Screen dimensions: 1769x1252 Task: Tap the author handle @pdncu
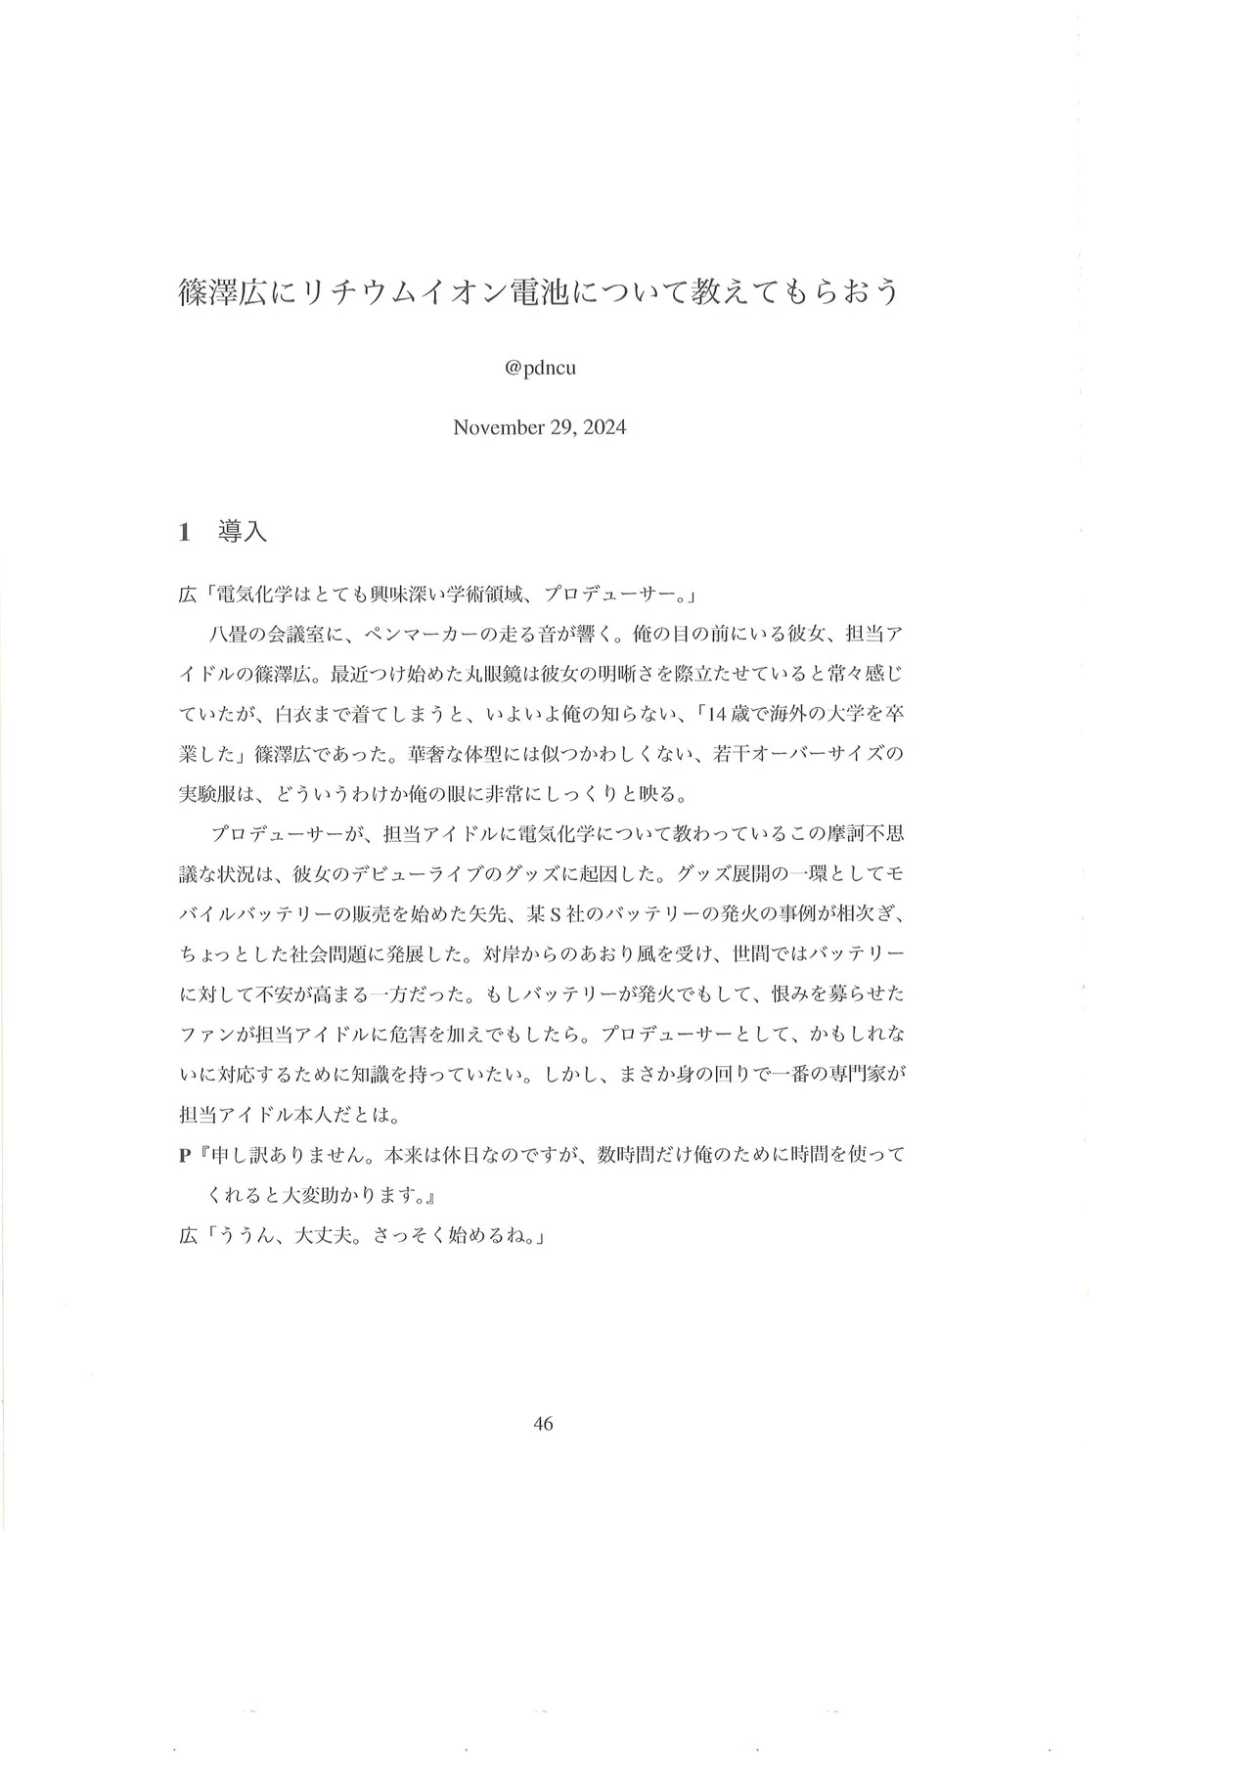click(539, 371)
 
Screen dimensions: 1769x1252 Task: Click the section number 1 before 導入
click(184, 533)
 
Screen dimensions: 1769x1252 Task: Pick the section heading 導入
click(243, 533)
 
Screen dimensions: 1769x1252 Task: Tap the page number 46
click(544, 1424)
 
